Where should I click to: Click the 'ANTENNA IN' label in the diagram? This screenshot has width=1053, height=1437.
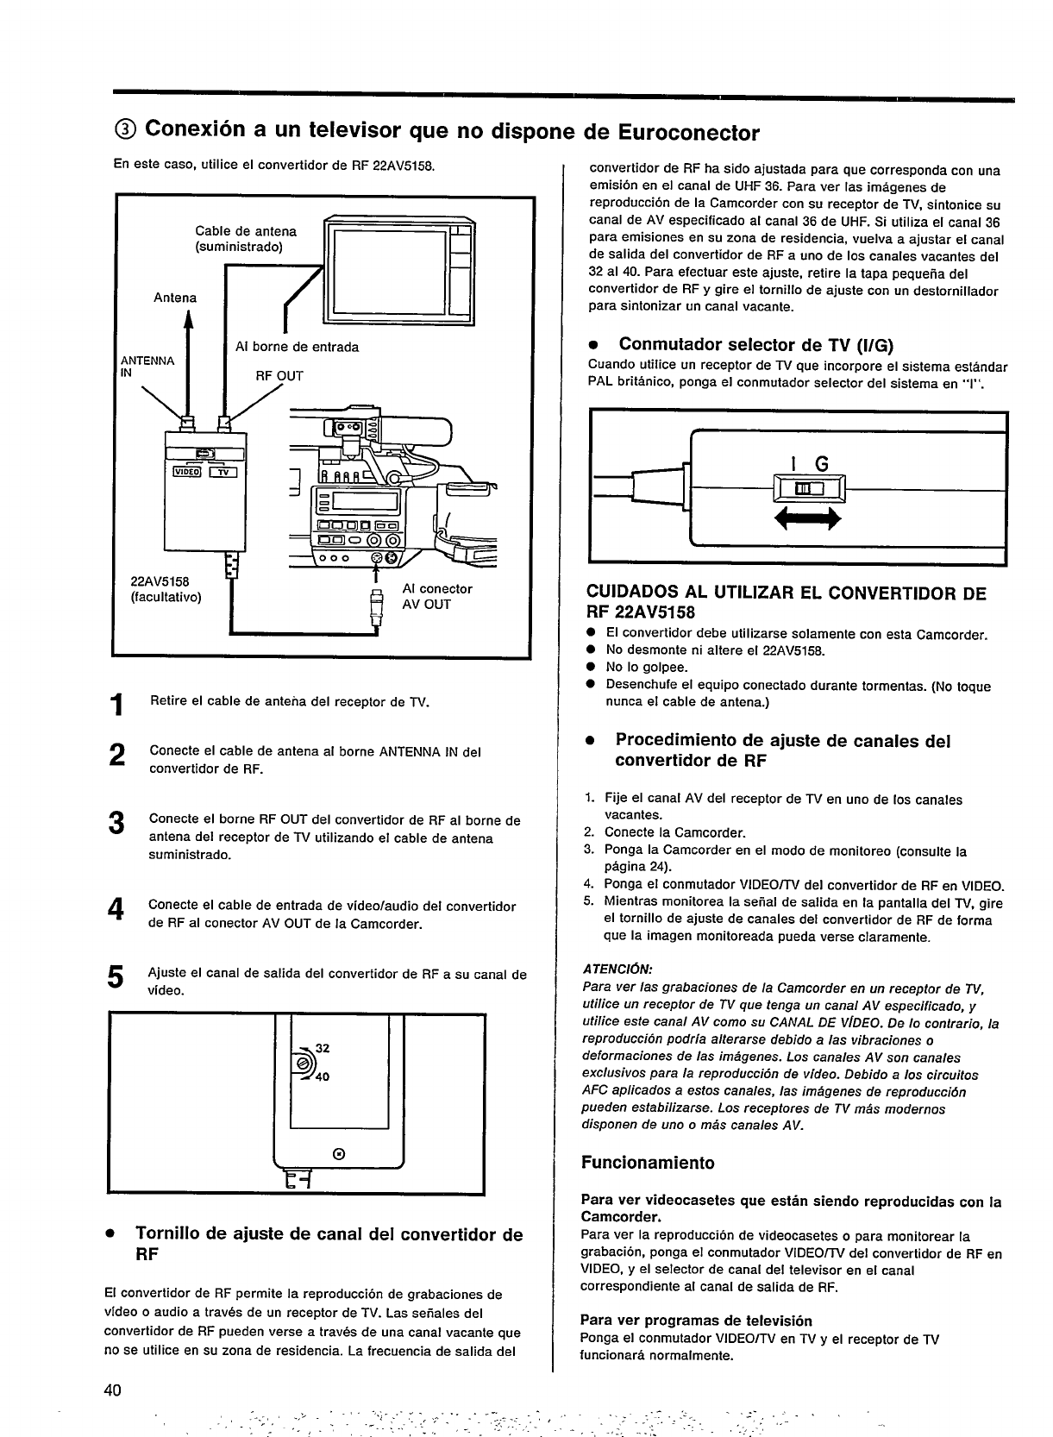pos(147,366)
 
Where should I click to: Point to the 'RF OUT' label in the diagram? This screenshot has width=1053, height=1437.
pos(279,376)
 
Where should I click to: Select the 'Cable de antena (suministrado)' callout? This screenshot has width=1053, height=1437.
pos(246,239)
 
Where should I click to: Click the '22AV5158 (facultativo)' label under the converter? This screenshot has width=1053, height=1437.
pos(165,589)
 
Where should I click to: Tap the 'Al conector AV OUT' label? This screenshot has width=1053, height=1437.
pos(437,596)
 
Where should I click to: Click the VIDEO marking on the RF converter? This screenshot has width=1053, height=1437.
pos(187,471)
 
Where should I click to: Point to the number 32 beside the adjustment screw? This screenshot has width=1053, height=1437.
pos(323,1048)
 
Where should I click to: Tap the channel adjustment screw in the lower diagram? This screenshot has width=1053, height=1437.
pos(304,1063)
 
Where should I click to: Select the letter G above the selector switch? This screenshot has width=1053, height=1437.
pos(821,464)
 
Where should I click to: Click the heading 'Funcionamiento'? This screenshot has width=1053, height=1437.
pos(648,1163)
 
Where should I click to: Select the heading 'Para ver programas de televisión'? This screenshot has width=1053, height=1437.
pos(696,1321)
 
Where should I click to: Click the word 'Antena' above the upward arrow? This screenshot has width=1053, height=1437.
pos(175,298)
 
